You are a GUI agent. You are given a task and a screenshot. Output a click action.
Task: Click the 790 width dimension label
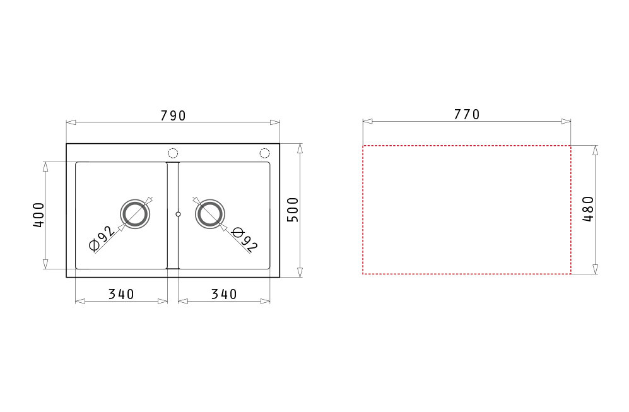(173, 115)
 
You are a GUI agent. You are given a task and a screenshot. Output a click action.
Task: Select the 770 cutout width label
(466, 114)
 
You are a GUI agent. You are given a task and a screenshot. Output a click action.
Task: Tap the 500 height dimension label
(293, 210)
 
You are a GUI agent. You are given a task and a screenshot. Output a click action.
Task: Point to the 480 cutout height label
(588, 209)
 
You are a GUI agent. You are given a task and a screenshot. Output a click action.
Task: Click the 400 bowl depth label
(38, 215)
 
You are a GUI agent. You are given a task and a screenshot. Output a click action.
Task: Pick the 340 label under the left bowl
(121, 294)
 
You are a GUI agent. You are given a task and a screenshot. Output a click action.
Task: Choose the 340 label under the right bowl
(224, 294)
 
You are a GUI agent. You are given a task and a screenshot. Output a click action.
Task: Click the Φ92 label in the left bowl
(102, 238)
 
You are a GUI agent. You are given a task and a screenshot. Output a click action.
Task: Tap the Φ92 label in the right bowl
(245, 239)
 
